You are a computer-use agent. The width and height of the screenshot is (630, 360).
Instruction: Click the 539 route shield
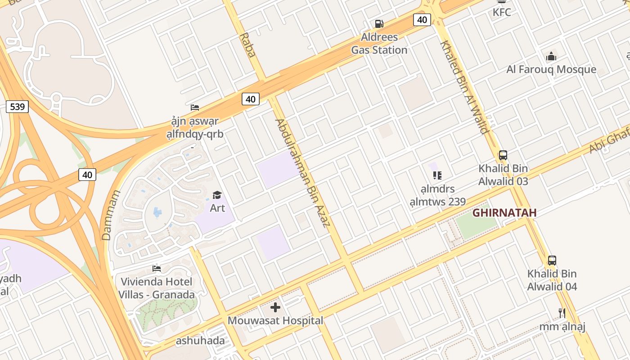(17, 107)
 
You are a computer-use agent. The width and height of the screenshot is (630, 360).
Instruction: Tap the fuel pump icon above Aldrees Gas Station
(379, 24)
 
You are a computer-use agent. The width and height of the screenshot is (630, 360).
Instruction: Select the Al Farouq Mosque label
(551, 69)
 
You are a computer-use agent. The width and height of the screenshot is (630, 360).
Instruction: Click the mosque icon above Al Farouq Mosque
(551, 57)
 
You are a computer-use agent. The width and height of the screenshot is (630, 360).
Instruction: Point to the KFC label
(502, 12)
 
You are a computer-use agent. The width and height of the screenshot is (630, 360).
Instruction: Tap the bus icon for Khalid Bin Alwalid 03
(503, 155)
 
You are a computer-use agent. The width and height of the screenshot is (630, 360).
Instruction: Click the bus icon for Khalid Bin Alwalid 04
(552, 261)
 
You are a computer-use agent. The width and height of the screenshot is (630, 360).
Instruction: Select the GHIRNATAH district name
(504, 212)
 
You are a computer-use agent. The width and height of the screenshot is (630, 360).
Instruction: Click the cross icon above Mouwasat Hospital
(275, 308)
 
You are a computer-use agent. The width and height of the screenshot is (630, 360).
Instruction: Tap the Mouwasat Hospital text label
(275, 320)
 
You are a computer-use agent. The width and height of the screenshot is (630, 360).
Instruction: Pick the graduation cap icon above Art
(217, 195)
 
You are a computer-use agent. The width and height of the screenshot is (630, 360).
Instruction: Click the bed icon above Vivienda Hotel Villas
(157, 269)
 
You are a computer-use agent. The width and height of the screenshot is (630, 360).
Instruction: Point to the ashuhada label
(200, 341)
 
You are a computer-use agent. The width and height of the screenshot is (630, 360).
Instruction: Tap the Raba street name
(247, 45)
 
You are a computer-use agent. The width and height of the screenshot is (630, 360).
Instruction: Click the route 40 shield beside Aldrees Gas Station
(422, 20)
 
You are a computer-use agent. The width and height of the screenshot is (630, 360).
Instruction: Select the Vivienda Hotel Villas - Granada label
(157, 288)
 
